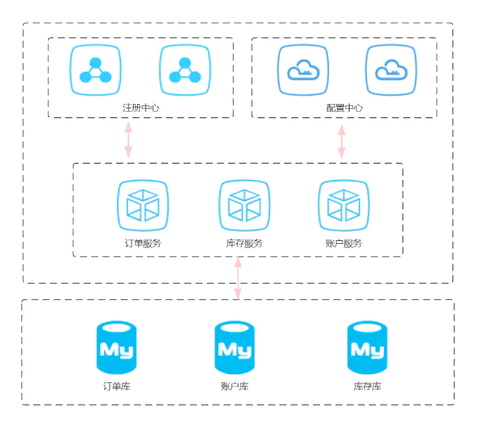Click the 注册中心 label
coord(141,108)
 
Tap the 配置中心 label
coord(345,108)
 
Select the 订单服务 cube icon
coord(143,206)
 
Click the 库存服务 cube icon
coord(244,206)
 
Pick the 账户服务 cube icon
coord(344,206)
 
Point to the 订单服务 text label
coord(143,244)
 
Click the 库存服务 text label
coord(244,244)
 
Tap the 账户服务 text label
coord(344,244)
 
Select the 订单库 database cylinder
coord(117,348)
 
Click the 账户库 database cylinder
coord(234,348)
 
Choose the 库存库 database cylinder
coord(367,348)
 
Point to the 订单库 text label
coord(117,386)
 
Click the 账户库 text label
coord(234,386)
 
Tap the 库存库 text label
coord(367,386)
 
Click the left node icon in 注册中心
coord(96,70)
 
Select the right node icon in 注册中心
coord(185,70)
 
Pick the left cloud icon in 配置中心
coord(303,70)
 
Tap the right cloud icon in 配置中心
coord(391,70)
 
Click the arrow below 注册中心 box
coord(128,140)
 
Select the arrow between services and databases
coord(238,278)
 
